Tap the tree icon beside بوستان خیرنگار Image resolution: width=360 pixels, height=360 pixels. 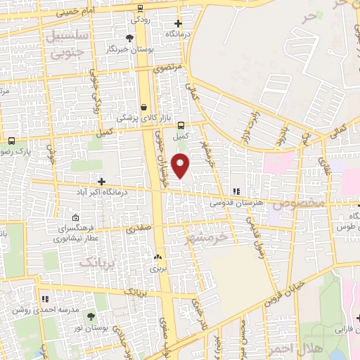click(x=129, y=39)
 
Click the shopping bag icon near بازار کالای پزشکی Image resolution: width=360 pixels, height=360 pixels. click(x=144, y=108)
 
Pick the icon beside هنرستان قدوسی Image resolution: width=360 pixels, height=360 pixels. click(x=237, y=191)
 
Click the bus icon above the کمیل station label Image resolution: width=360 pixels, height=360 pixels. click(x=181, y=124)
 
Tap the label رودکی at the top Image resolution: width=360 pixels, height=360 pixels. click(x=140, y=19)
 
